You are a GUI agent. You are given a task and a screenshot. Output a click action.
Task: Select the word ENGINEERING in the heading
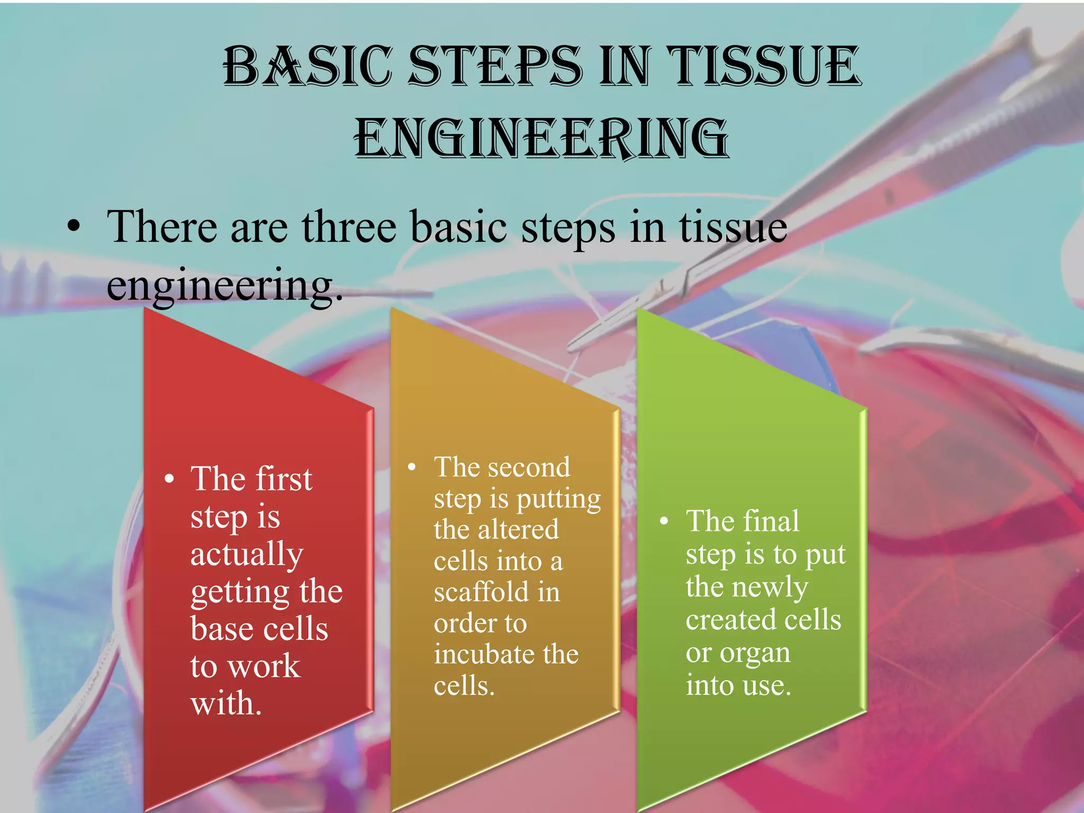pyautogui.click(x=541, y=139)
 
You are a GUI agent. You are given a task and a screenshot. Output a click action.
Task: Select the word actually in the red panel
pyautogui.click(x=247, y=554)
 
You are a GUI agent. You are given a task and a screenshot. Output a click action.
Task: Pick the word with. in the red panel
pyautogui.click(x=226, y=703)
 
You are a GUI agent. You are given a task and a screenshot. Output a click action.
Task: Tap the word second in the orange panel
pyautogui.click(x=529, y=467)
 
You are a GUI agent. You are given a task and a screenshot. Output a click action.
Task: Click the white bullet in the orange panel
pyautogui.click(x=412, y=467)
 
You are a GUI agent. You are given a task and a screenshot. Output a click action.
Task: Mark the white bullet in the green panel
pyautogui.click(x=664, y=521)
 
